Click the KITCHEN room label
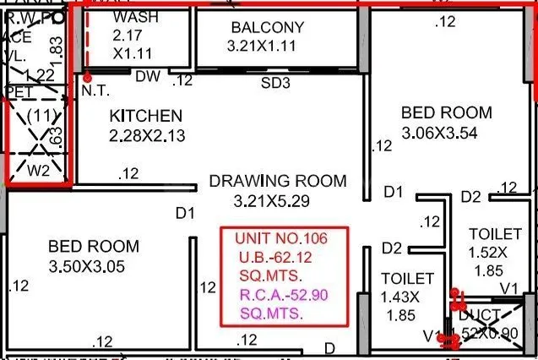point(145,116)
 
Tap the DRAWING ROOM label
point(278,181)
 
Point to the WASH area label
point(136,17)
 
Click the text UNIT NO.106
point(280,238)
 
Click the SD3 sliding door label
point(275,82)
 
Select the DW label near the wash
point(148,76)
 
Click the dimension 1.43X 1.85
point(407,296)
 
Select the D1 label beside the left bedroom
point(185,213)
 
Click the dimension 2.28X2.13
point(148,135)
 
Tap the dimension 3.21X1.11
point(261,46)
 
